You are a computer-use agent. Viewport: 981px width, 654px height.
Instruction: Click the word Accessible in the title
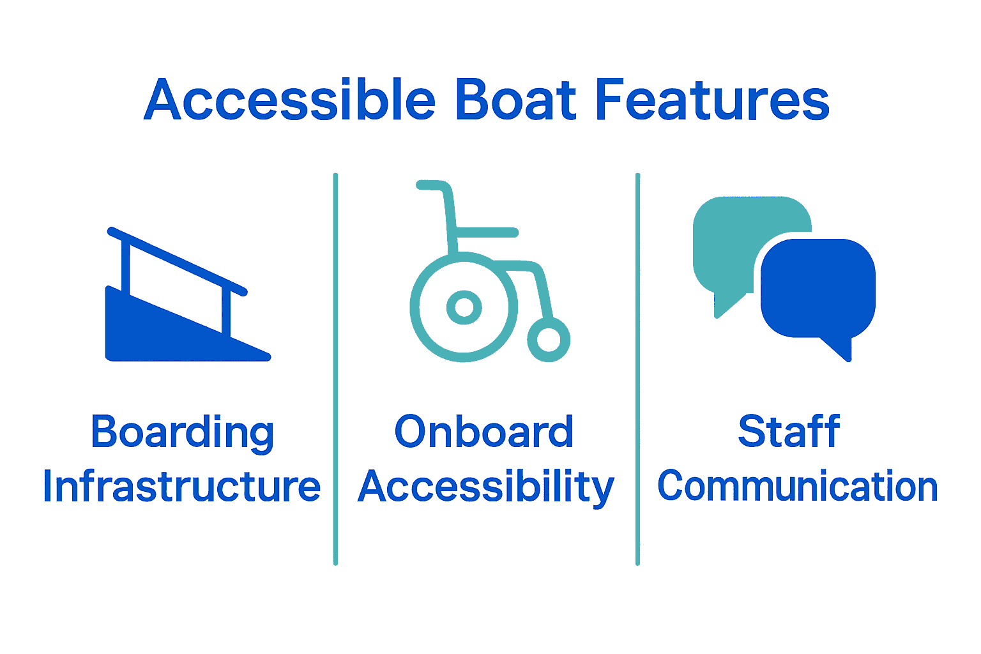click(x=290, y=100)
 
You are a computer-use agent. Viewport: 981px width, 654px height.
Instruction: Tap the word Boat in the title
click(x=516, y=100)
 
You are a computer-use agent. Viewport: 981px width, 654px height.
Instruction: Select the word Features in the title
click(x=711, y=100)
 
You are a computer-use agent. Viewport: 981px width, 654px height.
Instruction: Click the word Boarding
click(x=182, y=433)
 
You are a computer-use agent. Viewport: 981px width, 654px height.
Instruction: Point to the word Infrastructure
click(x=181, y=487)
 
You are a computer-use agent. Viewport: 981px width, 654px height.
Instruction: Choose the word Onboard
click(x=483, y=432)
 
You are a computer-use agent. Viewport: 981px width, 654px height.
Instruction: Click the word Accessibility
click(x=485, y=488)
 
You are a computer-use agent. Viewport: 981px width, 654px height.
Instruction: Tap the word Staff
click(x=789, y=432)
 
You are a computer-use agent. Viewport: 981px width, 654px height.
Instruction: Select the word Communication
click(x=797, y=487)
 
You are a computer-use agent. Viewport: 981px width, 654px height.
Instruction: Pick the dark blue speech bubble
click(x=817, y=287)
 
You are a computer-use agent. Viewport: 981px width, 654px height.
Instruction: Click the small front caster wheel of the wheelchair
click(x=548, y=340)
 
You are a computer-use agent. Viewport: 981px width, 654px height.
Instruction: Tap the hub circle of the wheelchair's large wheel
click(x=464, y=307)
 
